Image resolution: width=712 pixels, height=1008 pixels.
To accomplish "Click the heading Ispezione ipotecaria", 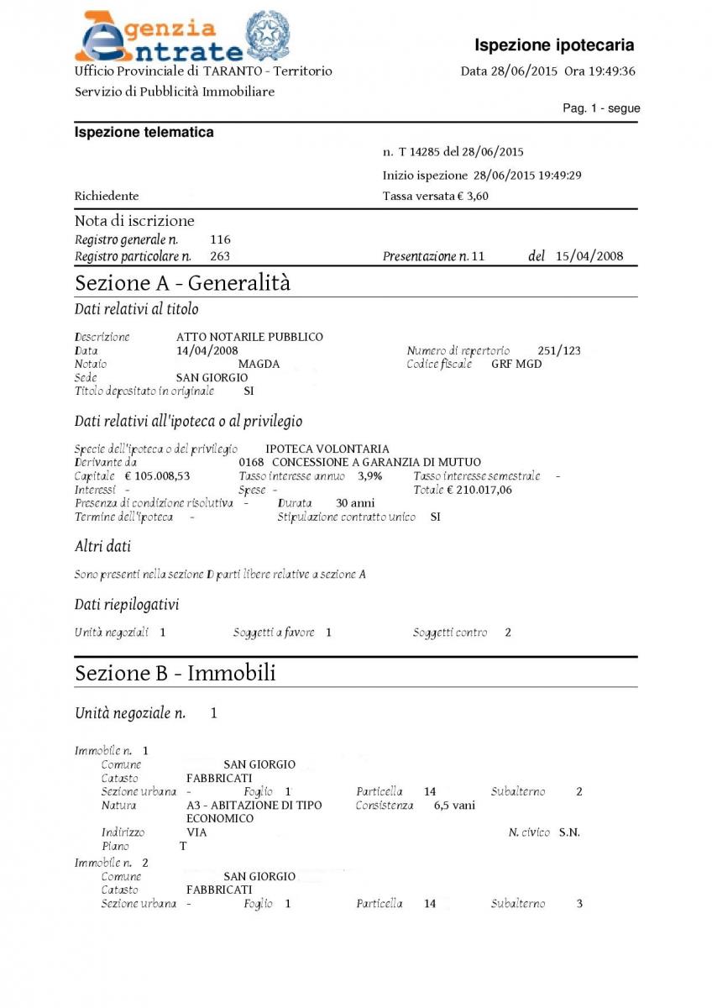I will (x=554, y=45).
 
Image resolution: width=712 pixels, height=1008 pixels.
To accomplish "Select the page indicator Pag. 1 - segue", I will (x=601, y=108).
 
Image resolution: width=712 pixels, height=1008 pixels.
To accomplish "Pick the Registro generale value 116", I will (x=220, y=240).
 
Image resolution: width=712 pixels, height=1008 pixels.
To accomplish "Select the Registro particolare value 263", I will (x=220, y=256).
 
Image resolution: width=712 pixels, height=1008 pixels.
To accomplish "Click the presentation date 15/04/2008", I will (x=589, y=256).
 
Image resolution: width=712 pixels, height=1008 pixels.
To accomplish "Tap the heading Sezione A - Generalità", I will (x=182, y=283).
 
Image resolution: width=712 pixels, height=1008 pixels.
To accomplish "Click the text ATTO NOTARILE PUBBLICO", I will (x=249, y=337).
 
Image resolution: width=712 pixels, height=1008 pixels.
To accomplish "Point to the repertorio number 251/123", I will (x=558, y=351).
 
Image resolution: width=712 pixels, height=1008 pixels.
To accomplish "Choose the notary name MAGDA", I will (x=259, y=365).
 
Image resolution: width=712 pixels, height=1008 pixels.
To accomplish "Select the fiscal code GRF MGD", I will (x=516, y=365).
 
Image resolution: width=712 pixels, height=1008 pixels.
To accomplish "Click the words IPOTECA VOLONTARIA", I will (x=327, y=449).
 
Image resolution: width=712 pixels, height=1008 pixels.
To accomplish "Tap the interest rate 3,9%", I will (x=369, y=476).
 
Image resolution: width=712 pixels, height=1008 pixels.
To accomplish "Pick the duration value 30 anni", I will (x=355, y=503).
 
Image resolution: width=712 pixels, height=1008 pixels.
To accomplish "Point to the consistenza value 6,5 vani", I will (x=454, y=805).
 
